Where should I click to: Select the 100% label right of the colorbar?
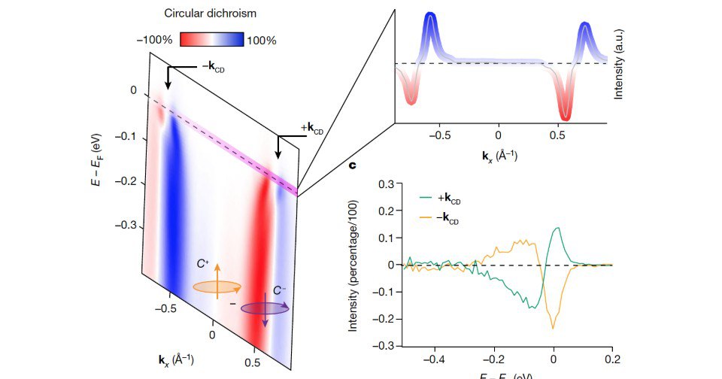[262, 40]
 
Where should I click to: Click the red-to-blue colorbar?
[211, 40]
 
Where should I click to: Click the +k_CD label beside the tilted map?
[311, 128]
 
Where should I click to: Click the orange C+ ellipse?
[217, 287]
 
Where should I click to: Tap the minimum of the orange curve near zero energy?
[553, 328]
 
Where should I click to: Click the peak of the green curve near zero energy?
[557, 228]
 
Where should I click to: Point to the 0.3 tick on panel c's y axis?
[387, 184]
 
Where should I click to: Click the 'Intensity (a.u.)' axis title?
[619, 63]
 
